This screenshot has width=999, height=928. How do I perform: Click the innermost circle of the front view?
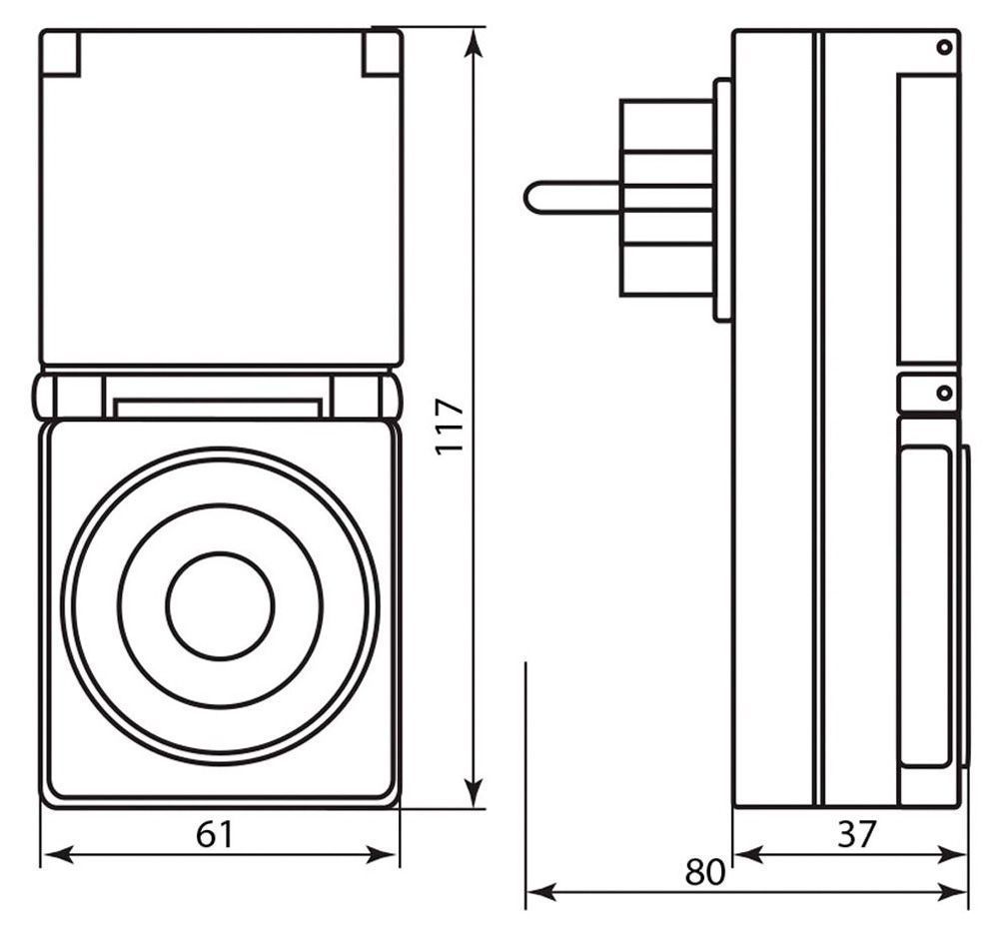click(220, 604)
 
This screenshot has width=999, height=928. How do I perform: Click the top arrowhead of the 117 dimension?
click(476, 40)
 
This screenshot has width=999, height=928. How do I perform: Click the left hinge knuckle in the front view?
click(45, 396)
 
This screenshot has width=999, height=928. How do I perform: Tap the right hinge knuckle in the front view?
click(391, 396)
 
